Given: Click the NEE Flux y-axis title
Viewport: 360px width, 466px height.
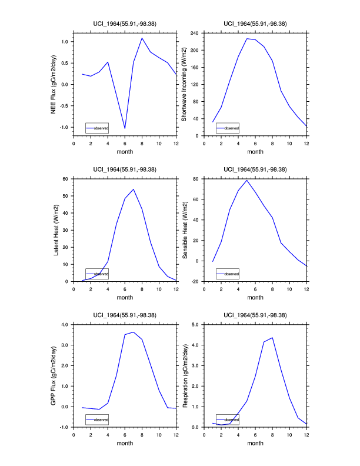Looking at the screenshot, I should tap(54, 84).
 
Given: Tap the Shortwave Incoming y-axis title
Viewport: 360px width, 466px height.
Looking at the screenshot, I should tap(184, 84).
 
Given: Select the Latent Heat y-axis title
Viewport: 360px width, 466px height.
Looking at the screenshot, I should tap(56, 230).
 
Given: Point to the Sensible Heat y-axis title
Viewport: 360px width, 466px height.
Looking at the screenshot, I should tap(184, 230).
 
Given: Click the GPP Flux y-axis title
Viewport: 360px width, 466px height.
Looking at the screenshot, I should tap(54, 375).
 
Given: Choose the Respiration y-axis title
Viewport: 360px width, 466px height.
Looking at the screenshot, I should tap(184, 375).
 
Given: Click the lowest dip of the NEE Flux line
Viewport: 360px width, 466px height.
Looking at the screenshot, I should tap(125, 128).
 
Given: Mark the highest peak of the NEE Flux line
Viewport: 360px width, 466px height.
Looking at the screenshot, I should tap(142, 38).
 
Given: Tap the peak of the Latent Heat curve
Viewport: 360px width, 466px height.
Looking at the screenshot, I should tap(134, 189).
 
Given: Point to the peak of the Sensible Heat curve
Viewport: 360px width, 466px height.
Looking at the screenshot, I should tap(247, 180).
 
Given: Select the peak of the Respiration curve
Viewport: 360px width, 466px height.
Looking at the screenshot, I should tap(272, 337).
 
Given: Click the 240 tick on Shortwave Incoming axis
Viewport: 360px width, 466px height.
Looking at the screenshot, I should tap(196, 33).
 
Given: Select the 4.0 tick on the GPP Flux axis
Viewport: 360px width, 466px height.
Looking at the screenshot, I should tap(65, 324).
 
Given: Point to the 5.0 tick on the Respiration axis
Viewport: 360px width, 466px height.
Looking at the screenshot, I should tap(196, 324).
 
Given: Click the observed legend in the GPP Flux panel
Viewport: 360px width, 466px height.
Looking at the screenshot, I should tap(97, 420).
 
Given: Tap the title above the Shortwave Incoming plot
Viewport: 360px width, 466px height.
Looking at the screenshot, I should tap(255, 24).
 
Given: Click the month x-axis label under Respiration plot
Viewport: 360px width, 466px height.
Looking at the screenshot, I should tap(255, 443).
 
